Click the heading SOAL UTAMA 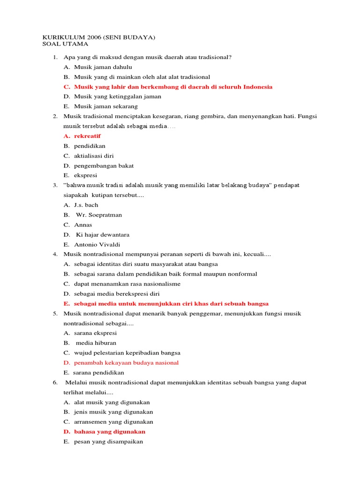[x=65, y=44]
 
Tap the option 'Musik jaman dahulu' [x=103, y=67]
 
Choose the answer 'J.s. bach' [x=86, y=205]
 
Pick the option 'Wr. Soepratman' [x=98, y=215]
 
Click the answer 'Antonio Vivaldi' [x=97, y=244]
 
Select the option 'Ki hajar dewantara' [x=102, y=234]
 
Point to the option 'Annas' [x=83, y=225]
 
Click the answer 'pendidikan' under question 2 [x=90, y=146]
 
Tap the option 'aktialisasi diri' [x=94, y=156]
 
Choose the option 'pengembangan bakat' [x=104, y=165]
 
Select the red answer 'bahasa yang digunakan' [x=110, y=432]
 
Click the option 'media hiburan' [x=96, y=343]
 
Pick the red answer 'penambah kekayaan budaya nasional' [x=126, y=362]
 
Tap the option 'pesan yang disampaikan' [x=108, y=442]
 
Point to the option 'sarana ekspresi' [x=95, y=333]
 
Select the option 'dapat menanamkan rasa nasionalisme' [x=127, y=284]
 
